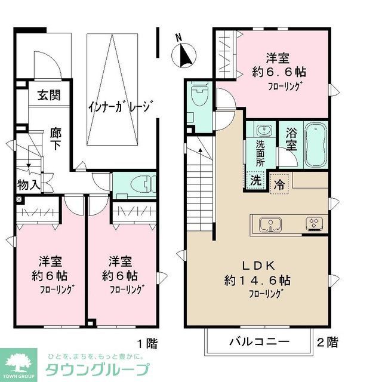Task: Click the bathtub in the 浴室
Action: click(316, 145)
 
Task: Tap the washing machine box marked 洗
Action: click(255, 180)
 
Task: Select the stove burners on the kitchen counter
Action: click(314, 224)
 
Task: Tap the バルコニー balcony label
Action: click(260, 342)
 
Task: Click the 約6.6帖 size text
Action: click(279, 72)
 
